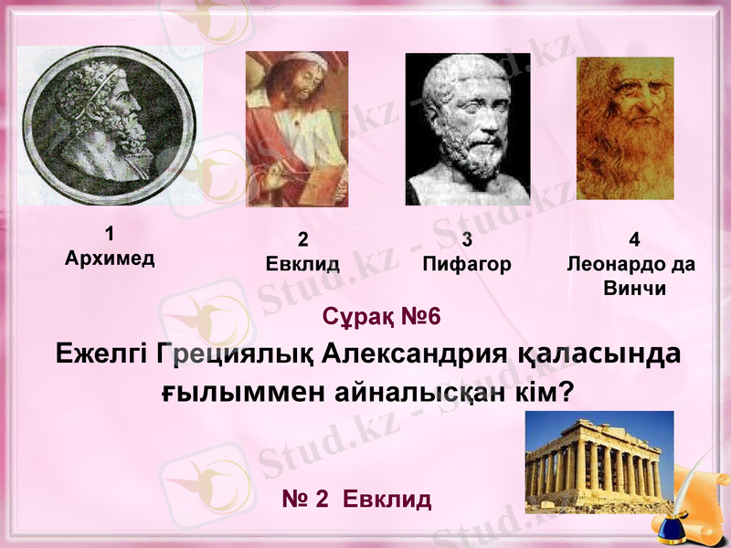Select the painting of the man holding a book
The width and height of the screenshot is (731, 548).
[297, 129]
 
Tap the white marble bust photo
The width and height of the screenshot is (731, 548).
[467, 129]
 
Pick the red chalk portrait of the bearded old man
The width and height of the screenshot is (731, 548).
[625, 129]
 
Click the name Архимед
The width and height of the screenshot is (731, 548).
[110, 258]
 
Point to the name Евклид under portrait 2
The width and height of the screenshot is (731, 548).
[302, 265]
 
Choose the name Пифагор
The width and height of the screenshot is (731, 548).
[467, 265]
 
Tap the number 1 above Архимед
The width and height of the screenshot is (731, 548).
[110, 233]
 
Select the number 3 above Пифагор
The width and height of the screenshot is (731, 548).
[467, 241]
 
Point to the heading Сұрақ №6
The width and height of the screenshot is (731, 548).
[381, 317]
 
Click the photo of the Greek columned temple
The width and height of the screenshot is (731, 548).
[599, 461]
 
